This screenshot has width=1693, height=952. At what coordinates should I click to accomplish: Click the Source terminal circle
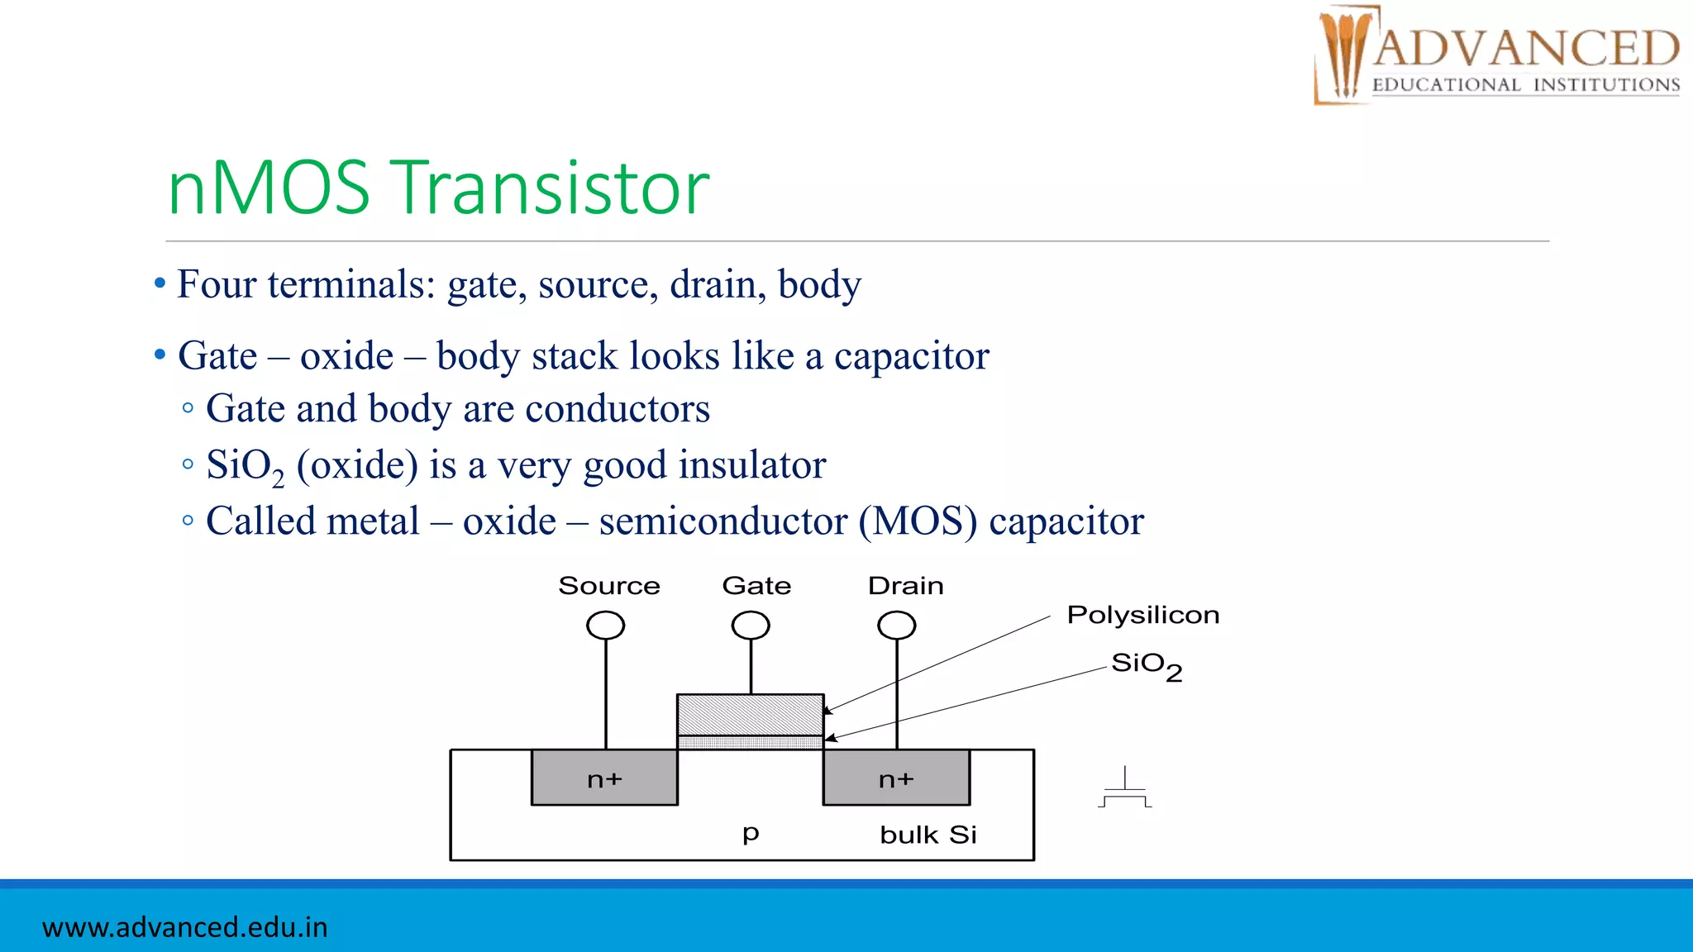coord(605,626)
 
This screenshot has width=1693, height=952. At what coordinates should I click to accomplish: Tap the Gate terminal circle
coord(751,626)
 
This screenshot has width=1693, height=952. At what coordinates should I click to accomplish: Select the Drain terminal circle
coord(896,626)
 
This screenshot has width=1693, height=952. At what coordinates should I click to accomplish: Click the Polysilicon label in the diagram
coord(1142,615)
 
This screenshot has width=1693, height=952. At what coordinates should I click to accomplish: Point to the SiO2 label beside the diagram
coord(1146,664)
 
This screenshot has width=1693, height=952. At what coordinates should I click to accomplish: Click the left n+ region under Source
coord(604,778)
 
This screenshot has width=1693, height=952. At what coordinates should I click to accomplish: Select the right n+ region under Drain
coord(896,778)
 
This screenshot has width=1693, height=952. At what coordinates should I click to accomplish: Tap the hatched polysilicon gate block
coord(750,715)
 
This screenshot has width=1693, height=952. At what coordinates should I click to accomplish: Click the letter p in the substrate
coord(750,832)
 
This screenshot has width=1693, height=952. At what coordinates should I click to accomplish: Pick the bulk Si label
coord(928,835)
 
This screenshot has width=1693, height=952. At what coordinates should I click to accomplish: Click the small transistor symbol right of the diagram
coord(1124,790)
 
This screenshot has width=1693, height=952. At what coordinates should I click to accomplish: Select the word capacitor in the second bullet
coord(911,356)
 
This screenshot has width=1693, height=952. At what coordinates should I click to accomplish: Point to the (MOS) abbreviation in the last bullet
coord(918,521)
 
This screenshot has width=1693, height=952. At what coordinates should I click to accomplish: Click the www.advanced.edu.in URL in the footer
coord(185,927)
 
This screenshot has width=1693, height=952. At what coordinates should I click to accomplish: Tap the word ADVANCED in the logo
coord(1526,49)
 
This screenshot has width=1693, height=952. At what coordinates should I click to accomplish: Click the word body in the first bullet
coord(819,285)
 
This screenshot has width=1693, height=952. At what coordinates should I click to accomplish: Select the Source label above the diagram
coord(609,586)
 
